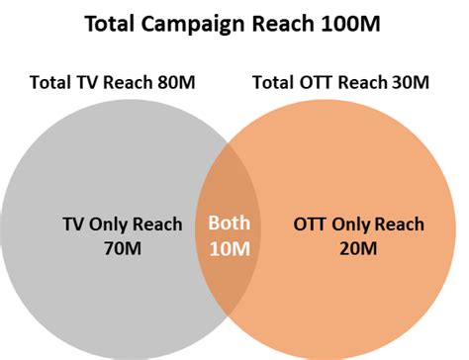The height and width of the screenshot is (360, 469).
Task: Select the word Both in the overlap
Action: click(228, 224)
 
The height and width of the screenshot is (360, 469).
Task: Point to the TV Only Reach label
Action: click(122, 225)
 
